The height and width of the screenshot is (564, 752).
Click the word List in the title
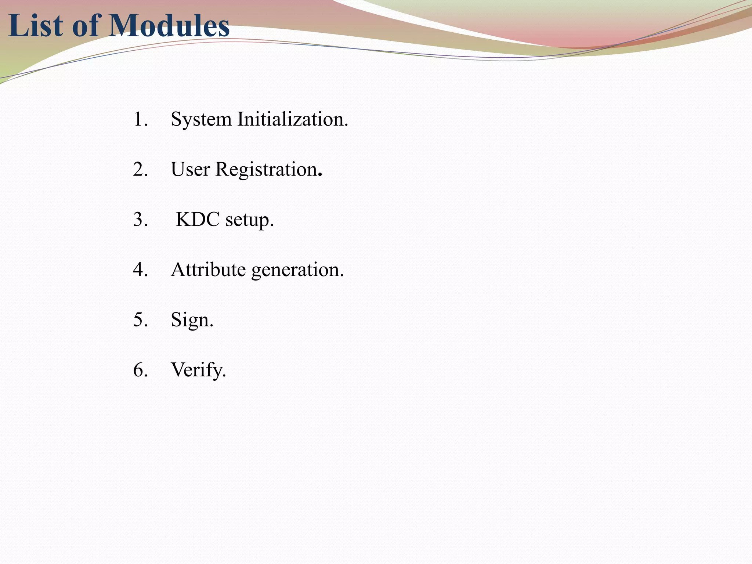(35, 26)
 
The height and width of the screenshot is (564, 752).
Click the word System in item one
(201, 120)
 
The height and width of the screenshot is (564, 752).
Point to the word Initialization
(292, 120)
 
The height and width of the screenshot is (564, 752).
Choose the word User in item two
(190, 170)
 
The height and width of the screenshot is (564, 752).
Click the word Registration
(266, 170)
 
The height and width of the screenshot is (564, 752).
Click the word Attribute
(208, 270)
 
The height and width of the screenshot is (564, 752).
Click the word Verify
(198, 370)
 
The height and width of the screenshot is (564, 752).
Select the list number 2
(140, 170)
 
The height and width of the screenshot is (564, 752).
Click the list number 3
(140, 220)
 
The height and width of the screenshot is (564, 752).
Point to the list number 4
(140, 270)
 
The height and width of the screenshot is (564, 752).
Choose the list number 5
(140, 320)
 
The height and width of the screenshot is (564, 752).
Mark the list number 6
(140, 370)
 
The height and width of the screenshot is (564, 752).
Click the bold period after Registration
(320, 176)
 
